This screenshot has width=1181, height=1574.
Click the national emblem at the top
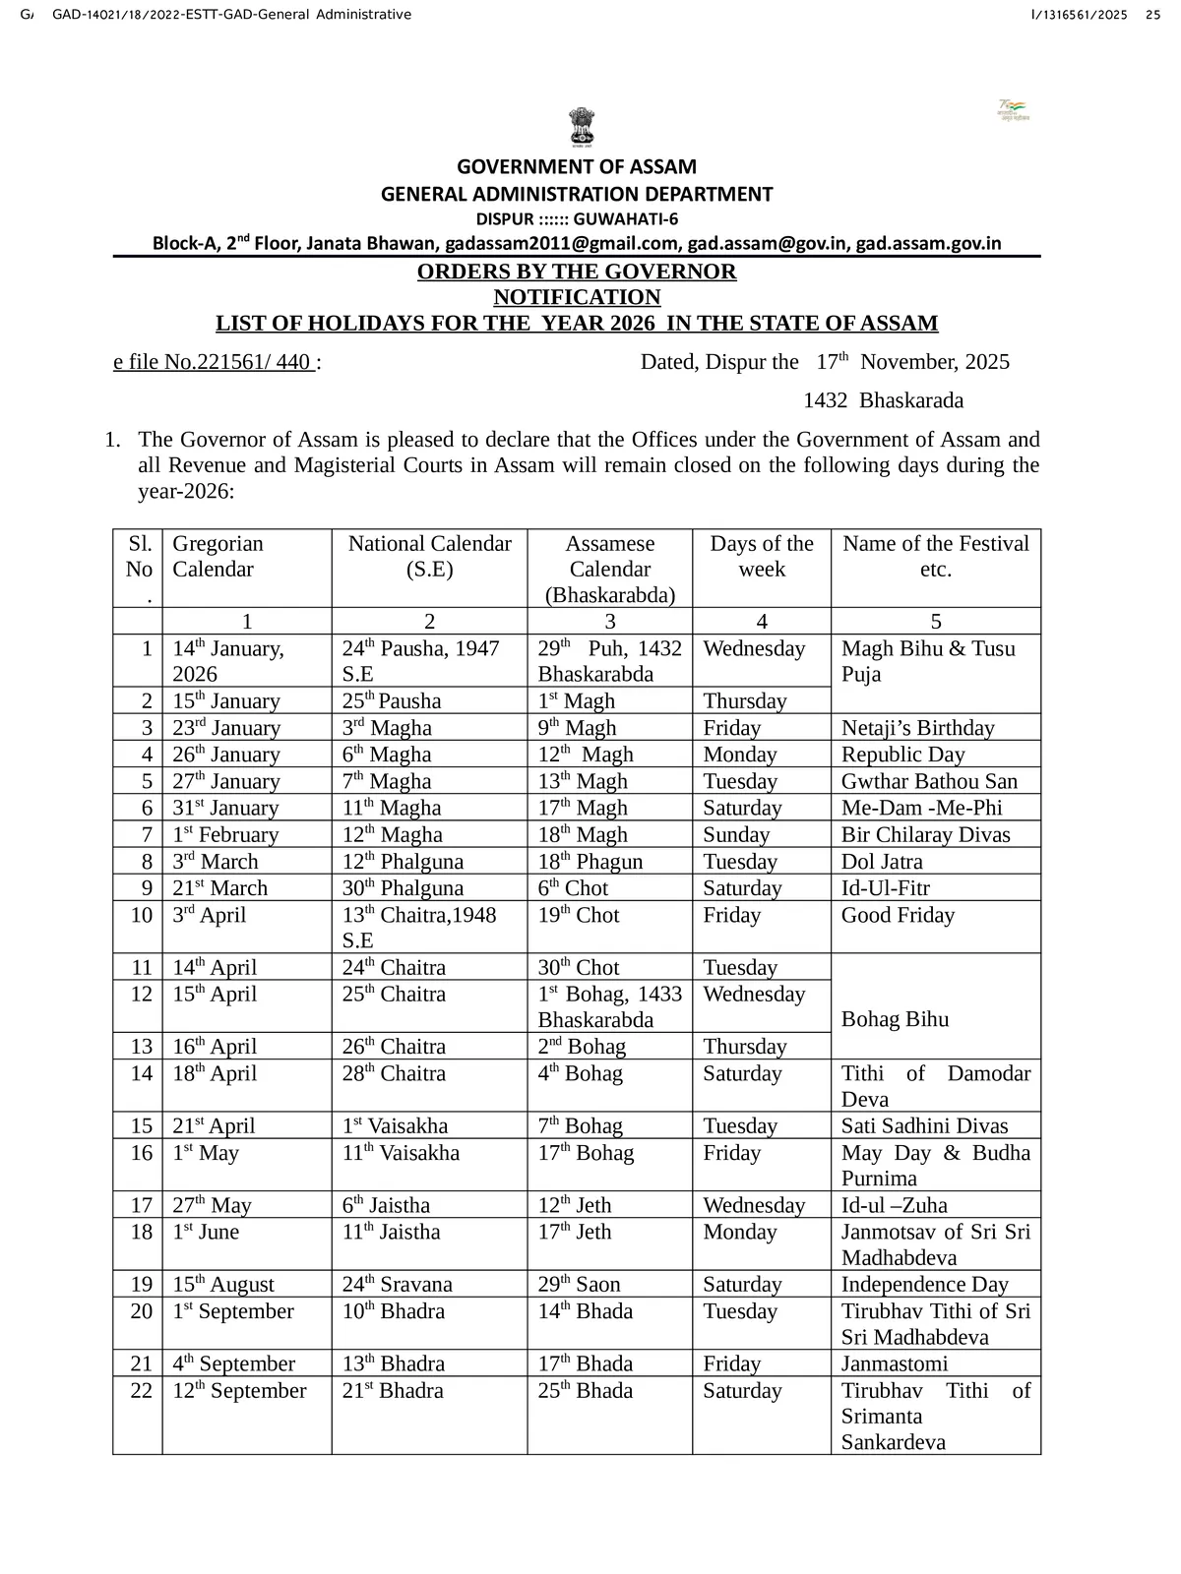click(x=581, y=129)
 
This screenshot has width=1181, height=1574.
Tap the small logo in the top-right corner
click(x=1013, y=109)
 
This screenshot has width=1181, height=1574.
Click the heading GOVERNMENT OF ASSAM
click(x=577, y=167)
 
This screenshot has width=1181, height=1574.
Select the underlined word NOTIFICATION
click(x=577, y=297)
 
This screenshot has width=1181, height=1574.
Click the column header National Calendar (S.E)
click(x=429, y=557)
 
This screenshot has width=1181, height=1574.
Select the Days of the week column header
click(x=762, y=557)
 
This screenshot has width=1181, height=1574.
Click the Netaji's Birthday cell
click(x=917, y=728)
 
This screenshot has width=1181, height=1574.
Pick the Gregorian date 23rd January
click(x=226, y=728)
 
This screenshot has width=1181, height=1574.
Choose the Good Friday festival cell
click(x=898, y=915)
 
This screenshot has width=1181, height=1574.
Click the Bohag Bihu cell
click(x=895, y=1019)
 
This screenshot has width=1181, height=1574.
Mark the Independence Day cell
click(x=924, y=1285)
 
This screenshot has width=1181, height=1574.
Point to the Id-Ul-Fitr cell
click(x=885, y=888)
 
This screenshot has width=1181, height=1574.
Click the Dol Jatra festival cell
click(x=882, y=862)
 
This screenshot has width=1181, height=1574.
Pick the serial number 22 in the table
click(x=142, y=1391)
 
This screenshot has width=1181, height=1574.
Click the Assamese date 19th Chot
click(x=578, y=915)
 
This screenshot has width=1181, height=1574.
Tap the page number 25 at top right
click(x=1152, y=14)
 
